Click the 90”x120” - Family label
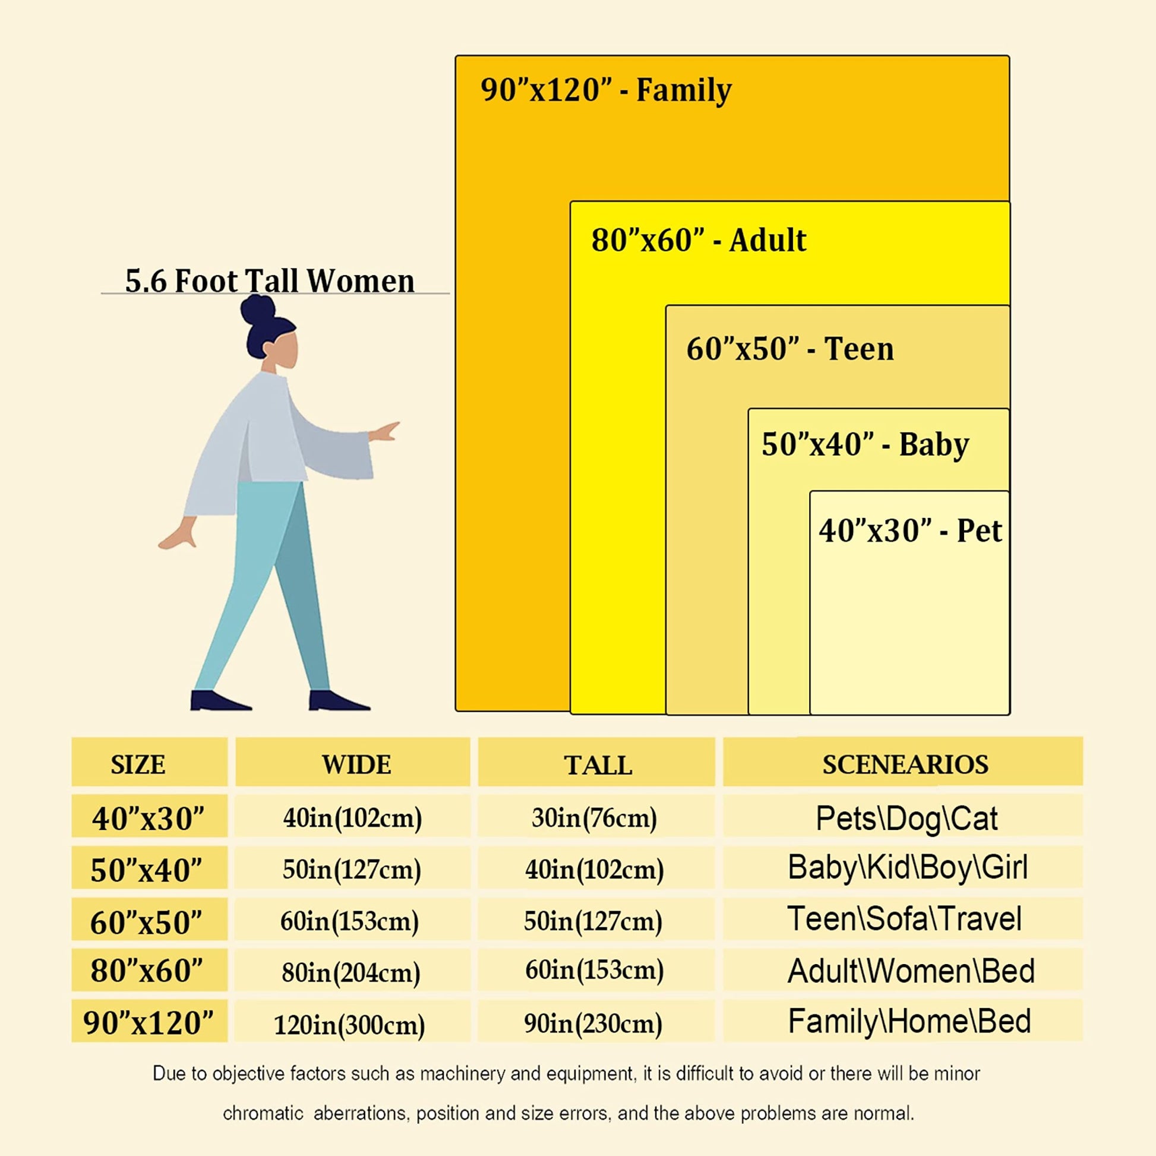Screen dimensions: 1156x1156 [605, 90]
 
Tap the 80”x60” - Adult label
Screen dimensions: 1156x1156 [698, 241]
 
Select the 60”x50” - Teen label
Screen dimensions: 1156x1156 [790, 349]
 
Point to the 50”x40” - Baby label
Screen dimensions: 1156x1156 [865, 444]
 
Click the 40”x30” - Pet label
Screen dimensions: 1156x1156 [910, 530]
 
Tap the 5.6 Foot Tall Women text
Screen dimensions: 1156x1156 [269, 280]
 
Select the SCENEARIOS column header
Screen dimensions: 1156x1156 [905, 765]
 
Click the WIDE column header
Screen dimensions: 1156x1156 [356, 765]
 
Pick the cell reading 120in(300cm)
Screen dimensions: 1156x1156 [349, 1025]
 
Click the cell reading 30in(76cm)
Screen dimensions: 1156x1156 [594, 817]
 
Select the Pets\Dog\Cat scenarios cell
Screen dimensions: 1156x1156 [907, 818]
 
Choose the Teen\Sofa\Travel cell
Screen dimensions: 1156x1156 [904, 919]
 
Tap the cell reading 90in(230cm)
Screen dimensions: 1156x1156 [593, 1024]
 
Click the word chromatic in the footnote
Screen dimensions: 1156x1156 [263, 1113]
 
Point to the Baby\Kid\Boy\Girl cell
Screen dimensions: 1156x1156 [908, 868]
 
